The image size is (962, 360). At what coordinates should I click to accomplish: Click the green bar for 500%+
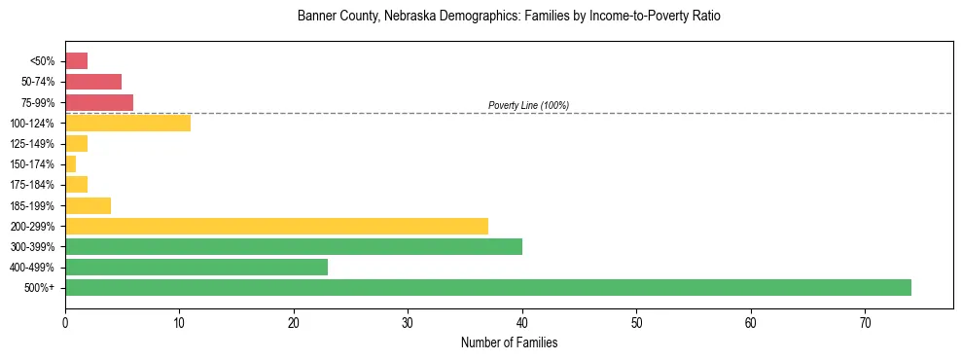pos(487,287)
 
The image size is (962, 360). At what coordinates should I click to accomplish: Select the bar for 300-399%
pos(294,246)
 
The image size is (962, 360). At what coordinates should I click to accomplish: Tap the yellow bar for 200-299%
pos(276,226)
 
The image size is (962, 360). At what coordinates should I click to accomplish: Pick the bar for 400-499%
pos(196,267)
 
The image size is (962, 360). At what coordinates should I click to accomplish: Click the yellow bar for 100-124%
pos(127,123)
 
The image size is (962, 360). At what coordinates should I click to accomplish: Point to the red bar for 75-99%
pos(99,102)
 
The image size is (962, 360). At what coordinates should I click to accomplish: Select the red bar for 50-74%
pos(93,82)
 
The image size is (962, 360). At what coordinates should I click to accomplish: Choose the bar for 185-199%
pos(88,205)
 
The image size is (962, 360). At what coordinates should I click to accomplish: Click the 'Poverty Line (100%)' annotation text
pos(528,105)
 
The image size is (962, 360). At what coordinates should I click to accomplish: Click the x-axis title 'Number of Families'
pos(509,342)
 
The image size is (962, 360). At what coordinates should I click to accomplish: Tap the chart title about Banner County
pos(509,17)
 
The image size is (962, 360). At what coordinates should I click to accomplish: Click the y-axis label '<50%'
pos(43,61)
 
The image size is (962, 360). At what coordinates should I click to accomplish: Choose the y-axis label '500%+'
pos(40,288)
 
